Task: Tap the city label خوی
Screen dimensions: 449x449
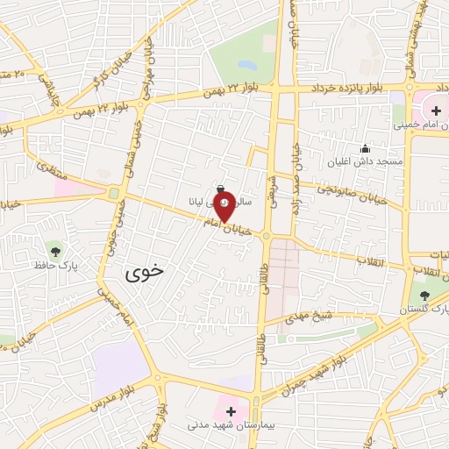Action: point(145,273)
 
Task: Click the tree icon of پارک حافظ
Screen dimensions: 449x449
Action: point(55,250)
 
